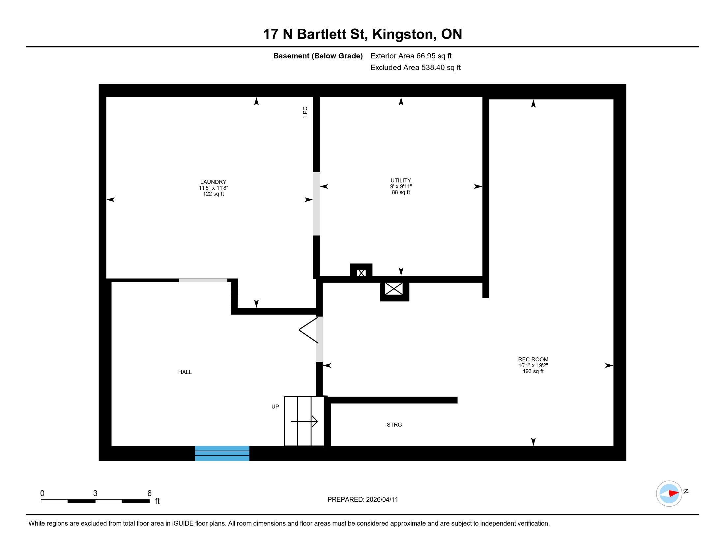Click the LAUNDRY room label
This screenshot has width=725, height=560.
click(213, 182)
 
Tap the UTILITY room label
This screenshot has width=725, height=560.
click(401, 181)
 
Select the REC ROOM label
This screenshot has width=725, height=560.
click(533, 359)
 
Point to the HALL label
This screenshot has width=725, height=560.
click(185, 372)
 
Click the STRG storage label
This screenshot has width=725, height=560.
click(394, 425)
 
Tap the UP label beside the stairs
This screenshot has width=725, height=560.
click(275, 407)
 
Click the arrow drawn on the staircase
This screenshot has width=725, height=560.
click(304, 422)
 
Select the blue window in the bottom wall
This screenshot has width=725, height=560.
click(222, 454)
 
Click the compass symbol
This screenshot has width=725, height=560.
click(669, 494)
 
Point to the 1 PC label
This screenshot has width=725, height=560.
click(305, 112)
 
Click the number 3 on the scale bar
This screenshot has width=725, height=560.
click(95, 493)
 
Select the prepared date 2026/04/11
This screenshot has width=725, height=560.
click(382, 500)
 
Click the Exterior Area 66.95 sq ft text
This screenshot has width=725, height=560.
click(411, 56)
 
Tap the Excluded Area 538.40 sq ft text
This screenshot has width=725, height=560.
click(416, 68)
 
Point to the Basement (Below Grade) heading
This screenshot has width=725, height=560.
click(318, 56)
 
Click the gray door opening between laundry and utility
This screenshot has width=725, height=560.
click(316, 204)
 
